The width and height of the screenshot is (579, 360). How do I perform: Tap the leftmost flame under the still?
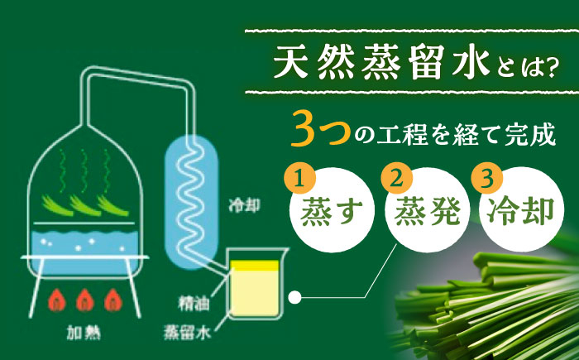tap(57, 297)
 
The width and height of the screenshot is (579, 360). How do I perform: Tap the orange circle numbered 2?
tap(395, 177)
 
